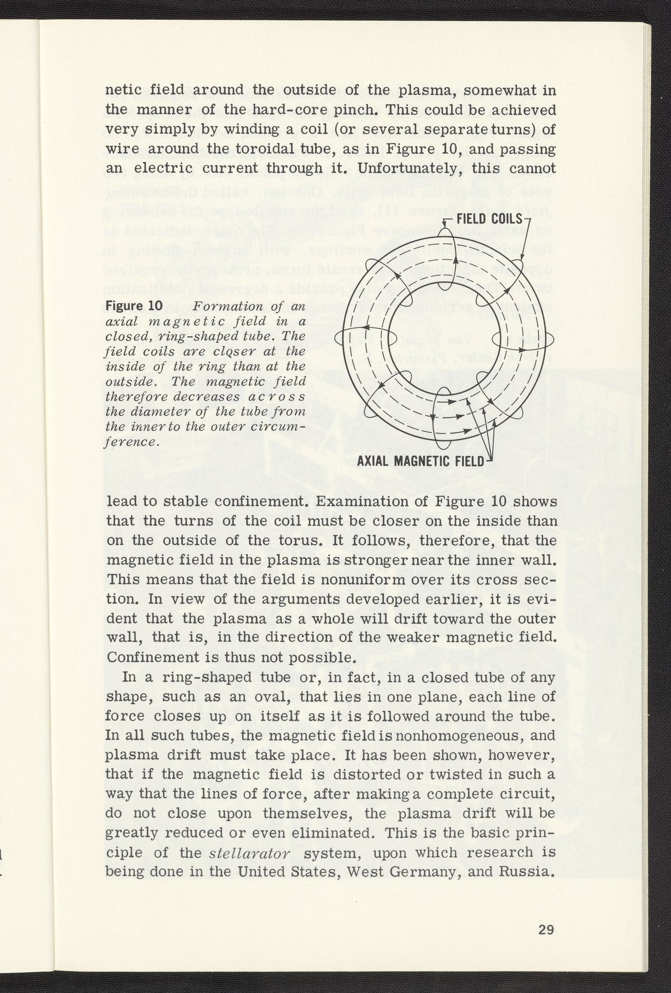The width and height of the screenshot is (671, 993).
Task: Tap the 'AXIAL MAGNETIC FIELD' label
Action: tap(419, 462)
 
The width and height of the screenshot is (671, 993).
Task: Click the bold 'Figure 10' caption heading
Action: tap(134, 306)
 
